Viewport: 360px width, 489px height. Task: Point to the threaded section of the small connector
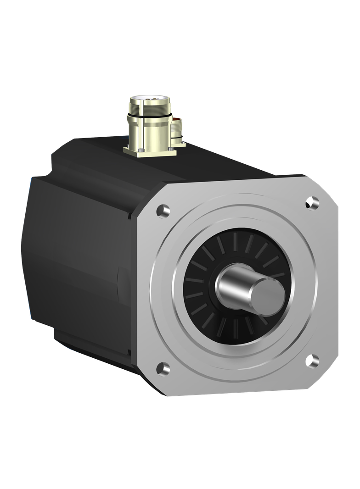click(x=176, y=135)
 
